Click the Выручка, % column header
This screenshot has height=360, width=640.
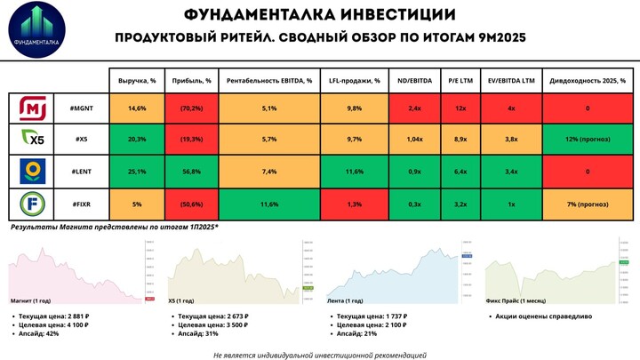click(x=137, y=80)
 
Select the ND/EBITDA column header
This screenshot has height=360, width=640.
click(x=413, y=80)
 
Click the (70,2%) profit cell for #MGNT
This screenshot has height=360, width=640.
click(x=188, y=108)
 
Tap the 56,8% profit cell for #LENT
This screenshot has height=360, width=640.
click(x=188, y=172)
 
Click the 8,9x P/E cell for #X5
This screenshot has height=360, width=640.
click(x=460, y=140)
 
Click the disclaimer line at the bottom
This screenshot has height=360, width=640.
click(x=319, y=354)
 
